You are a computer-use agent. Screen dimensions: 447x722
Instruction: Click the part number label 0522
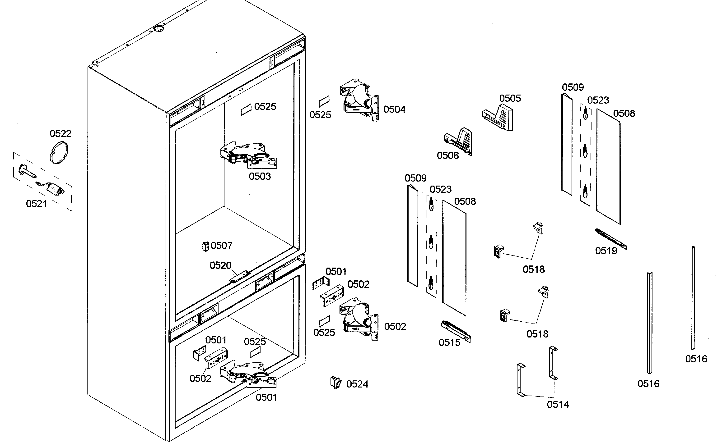60,134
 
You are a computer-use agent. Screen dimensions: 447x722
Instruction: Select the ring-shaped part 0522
59,153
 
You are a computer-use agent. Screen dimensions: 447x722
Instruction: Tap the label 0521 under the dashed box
36,204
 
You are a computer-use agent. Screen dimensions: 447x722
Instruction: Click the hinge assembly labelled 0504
359,100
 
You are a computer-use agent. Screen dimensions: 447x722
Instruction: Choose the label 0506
447,155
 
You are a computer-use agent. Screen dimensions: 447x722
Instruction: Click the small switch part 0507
205,246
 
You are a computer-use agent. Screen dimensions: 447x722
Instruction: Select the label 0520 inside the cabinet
220,265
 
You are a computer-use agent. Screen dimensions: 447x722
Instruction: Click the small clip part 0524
335,383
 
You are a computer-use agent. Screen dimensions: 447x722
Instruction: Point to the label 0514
558,404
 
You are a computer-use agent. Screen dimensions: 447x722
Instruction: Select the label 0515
449,343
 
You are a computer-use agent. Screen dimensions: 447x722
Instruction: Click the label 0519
606,251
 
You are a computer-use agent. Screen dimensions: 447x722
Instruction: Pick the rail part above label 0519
610,239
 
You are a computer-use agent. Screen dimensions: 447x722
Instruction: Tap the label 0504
394,109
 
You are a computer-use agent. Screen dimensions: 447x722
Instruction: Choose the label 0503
260,177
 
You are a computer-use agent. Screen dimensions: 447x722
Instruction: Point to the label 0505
510,98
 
